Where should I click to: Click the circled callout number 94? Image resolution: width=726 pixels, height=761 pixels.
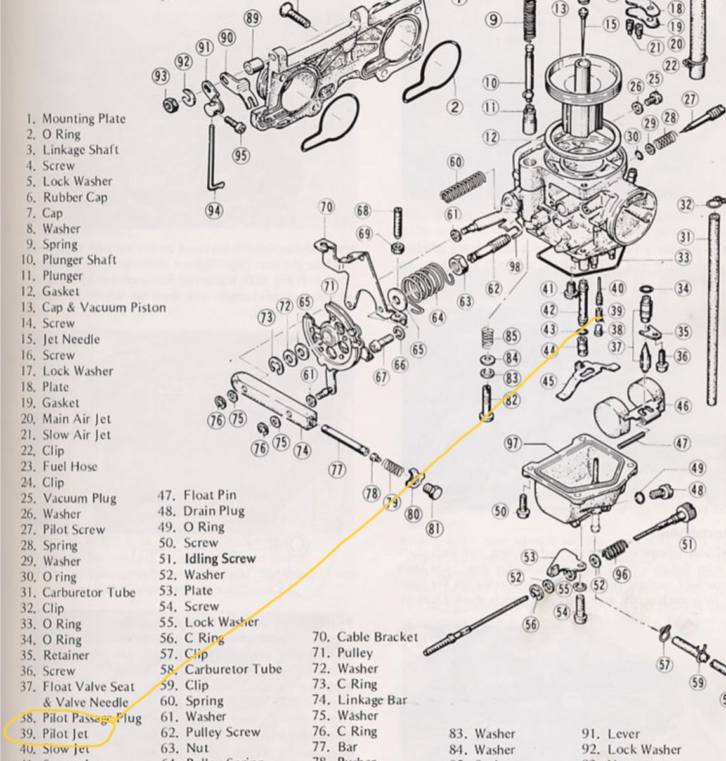click(x=214, y=210)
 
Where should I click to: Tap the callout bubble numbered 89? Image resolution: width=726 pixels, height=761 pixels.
click(x=252, y=18)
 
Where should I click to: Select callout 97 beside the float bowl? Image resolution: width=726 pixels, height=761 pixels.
click(x=513, y=443)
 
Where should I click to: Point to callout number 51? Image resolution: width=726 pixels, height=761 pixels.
click(x=687, y=543)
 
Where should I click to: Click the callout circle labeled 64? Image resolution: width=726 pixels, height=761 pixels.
click(x=438, y=317)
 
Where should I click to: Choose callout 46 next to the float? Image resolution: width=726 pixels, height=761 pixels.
click(x=682, y=406)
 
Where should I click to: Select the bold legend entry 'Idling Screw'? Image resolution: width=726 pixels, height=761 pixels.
click(x=219, y=559)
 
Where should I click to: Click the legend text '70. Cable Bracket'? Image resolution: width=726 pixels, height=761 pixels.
click(x=365, y=637)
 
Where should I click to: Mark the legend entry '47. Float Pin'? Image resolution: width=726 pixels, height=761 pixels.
click(x=197, y=495)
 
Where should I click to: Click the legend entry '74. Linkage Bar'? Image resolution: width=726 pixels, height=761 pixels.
click(x=360, y=700)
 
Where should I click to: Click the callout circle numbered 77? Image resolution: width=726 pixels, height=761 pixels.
click(x=336, y=469)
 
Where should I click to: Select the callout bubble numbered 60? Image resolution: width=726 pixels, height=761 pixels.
click(x=455, y=162)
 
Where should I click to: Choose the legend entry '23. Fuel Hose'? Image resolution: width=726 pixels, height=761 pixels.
click(x=62, y=466)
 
